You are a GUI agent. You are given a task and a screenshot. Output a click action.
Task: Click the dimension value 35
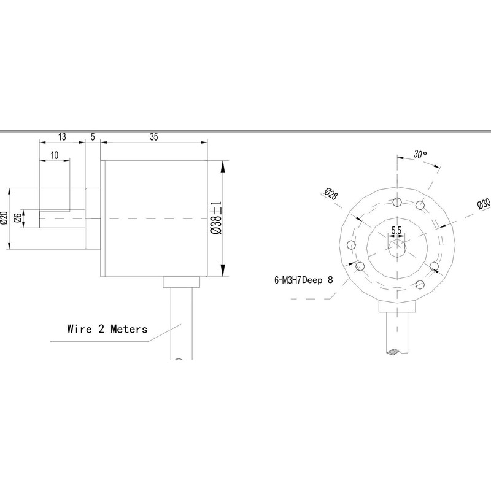click(153, 137)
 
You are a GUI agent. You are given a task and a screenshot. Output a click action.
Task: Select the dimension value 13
click(63, 137)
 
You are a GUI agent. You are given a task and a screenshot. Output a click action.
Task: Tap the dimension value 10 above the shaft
click(55, 156)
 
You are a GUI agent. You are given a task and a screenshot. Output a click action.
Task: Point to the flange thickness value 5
click(93, 137)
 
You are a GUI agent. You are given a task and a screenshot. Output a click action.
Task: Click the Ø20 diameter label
click(4, 218)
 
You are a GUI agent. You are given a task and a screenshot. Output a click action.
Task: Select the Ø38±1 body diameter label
click(215, 218)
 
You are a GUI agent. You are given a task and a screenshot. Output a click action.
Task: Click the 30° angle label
click(420, 155)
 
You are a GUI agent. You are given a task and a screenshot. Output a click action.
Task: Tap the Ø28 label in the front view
click(329, 194)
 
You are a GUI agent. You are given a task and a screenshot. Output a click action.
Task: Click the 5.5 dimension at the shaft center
click(396, 230)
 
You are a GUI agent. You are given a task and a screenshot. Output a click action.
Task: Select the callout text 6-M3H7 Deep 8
click(303, 280)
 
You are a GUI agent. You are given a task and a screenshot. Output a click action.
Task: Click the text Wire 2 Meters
click(107, 329)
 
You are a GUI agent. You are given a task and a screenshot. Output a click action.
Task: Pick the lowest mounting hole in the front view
click(420, 284)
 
